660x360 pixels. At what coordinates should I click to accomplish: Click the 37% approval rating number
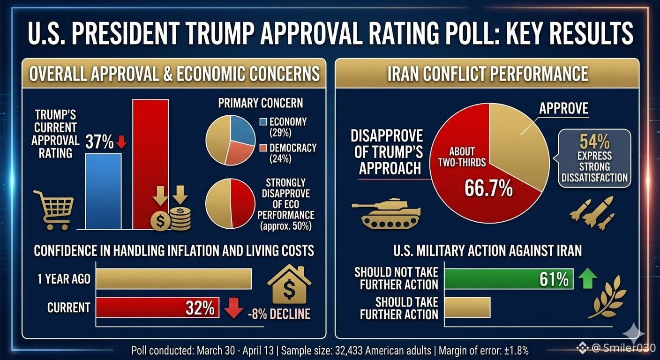(99, 142)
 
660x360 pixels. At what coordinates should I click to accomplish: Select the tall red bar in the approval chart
(150, 164)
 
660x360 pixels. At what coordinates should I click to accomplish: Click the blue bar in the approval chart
(103, 191)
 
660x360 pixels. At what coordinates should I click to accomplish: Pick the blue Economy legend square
(263, 122)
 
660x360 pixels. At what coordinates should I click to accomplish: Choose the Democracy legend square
(263, 148)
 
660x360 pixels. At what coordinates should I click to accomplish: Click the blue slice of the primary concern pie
(242, 130)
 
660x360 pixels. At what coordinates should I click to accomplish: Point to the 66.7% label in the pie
(489, 188)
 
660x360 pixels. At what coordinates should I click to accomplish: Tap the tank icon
(386, 214)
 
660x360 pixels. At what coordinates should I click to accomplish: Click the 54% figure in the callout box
(594, 142)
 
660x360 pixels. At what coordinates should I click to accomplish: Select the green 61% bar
(509, 279)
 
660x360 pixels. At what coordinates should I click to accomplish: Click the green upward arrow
(587, 278)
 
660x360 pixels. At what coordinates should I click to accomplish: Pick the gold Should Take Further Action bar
(467, 307)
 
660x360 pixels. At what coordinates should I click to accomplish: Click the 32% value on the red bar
(200, 308)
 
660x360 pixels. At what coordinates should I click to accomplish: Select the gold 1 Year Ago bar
(174, 279)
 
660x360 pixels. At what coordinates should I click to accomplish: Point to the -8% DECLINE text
(279, 314)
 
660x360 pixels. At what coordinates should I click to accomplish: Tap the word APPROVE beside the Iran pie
(563, 108)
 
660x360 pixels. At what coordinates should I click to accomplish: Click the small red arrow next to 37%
(121, 142)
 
